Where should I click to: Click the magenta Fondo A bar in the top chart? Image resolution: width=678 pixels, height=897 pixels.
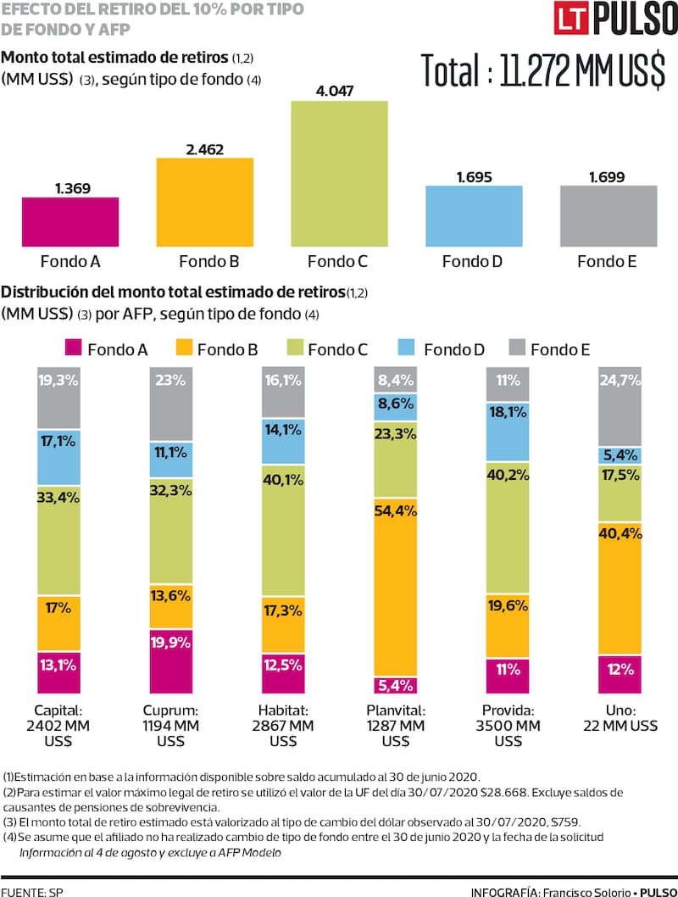click(x=70, y=220)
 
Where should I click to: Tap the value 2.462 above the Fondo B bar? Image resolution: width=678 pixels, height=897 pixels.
click(x=204, y=149)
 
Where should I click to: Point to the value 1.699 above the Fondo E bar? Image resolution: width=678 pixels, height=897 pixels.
click(x=609, y=176)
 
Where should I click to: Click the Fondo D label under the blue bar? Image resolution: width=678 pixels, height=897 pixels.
click(x=472, y=261)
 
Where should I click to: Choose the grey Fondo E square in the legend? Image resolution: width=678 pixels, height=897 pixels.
click(x=516, y=348)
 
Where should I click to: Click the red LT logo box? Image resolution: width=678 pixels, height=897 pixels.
click(x=574, y=20)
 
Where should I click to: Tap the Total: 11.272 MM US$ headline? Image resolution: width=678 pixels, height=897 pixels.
click(x=542, y=71)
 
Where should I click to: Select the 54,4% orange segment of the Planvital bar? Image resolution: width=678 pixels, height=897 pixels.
click(x=396, y=587)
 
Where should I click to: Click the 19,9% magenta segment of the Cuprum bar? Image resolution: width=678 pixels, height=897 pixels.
click(x=172, y=660)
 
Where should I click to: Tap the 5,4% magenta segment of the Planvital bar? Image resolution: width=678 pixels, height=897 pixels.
click(x=396, y=685)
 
